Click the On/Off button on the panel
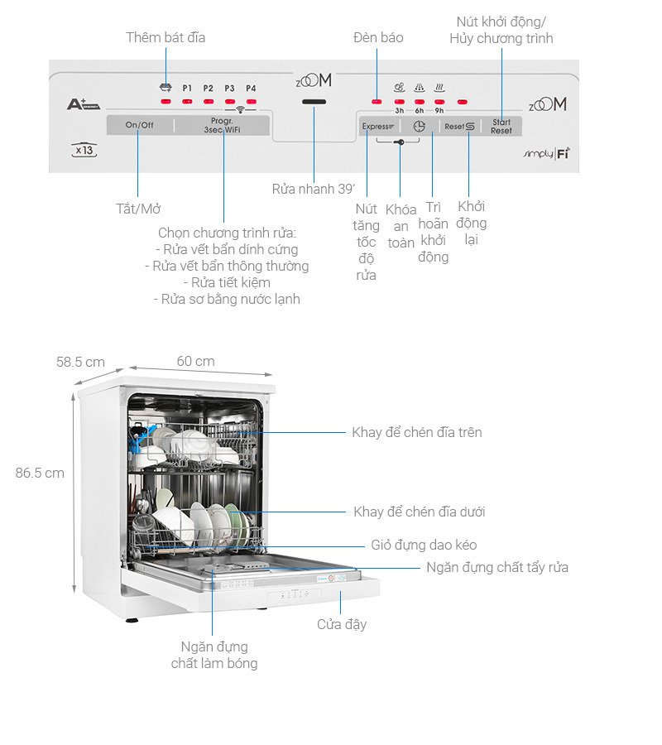click(x=140, y=125)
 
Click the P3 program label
click(x=229, y=88)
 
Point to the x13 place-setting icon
click(x=84, y=151)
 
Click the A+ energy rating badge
click(x=83, y=105)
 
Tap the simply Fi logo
click(x=547, y=155)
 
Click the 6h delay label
click(x=420, y=111)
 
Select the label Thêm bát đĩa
click(x=165, y=37)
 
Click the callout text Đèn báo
click(x=378, y=37)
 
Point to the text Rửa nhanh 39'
click(x=313, y=189)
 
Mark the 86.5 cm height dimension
click(x=40, y=473)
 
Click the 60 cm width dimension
click(x=195, y=361)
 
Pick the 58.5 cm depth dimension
click(x=80, y=362)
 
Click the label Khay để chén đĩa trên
click(x=416, y=432)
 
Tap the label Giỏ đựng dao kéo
click(x=423, y=545)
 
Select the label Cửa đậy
click(x=342, y=624)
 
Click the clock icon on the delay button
click(x=419, y=127)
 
